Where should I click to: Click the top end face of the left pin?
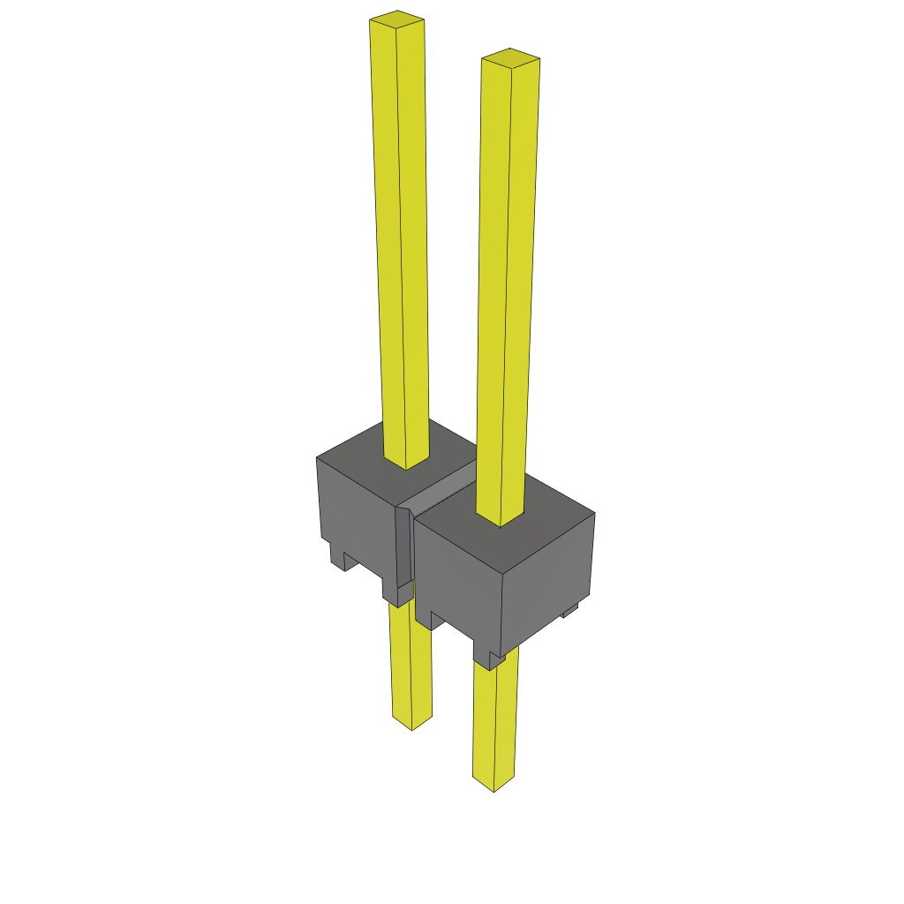click(x=396, y=18)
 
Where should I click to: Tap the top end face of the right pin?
click(x=510, y=57)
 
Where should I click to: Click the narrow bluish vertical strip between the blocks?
click(x=403, y=547)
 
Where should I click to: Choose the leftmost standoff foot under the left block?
click(x=337, y=557)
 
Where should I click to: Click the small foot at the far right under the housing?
click(x=570, y=609)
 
